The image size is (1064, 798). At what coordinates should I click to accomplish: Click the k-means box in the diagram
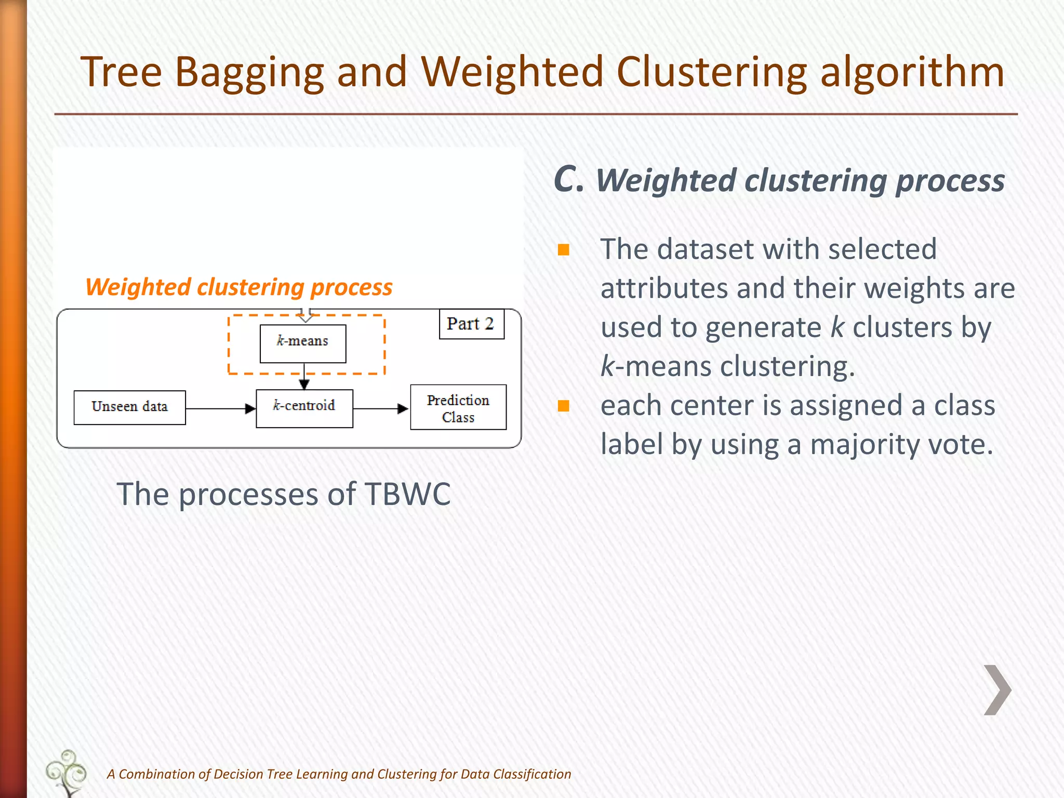(x=303, y=343)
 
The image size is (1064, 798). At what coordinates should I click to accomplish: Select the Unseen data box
(x=129, y=407)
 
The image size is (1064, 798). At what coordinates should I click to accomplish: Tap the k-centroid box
(x=304, y=408)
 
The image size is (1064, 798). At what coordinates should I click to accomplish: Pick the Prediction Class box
(x=458, y=407)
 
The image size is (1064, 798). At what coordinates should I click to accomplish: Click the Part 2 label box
(x=471, y=324)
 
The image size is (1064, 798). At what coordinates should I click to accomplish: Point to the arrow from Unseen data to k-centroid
(x=220, y=409)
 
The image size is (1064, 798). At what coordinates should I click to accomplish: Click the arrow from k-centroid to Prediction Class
(x=381, y=409)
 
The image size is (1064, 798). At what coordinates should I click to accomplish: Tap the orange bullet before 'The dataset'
(x=564, y=250)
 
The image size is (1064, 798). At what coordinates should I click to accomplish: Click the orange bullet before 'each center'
(x=564, y=406)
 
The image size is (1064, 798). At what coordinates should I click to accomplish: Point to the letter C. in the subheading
(x=568, y=180)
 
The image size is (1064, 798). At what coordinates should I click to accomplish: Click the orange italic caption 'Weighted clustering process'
(x=239, y=287)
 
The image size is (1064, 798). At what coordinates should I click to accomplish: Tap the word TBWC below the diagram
(x=408, y=494)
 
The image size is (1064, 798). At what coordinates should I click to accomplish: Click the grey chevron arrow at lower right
(x=997, y=690)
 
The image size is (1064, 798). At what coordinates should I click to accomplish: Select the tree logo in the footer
(x=66, y=773)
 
